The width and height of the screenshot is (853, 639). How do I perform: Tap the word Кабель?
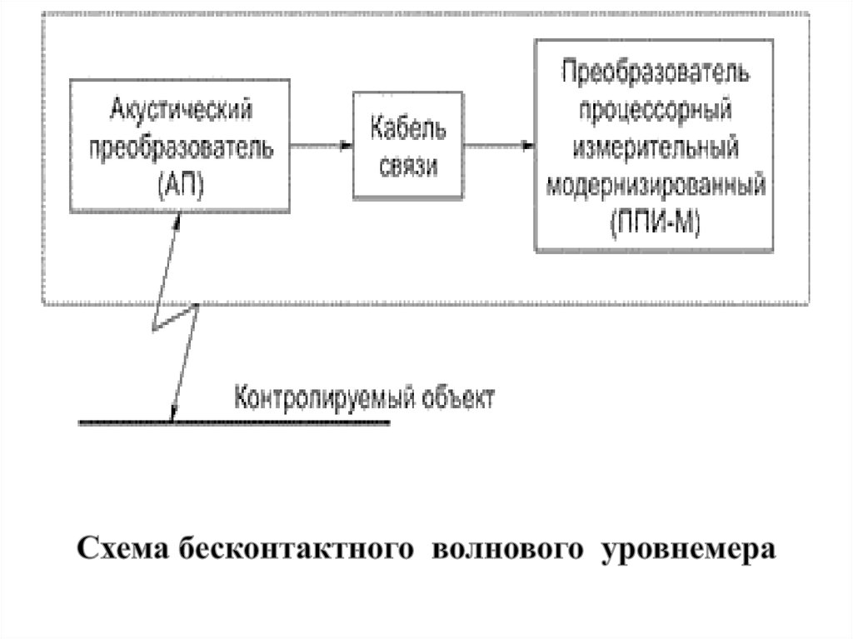[x=407, y=129]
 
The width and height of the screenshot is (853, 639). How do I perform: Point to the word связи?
[x=407, y=166]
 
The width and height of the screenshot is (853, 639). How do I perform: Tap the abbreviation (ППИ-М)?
[x=655, y=221]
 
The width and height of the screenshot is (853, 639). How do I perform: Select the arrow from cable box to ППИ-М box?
[x=498, y=146]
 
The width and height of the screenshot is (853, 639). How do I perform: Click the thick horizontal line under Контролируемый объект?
[x=234, y=423]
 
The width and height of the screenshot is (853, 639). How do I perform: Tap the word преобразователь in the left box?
[x=180, y=146]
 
